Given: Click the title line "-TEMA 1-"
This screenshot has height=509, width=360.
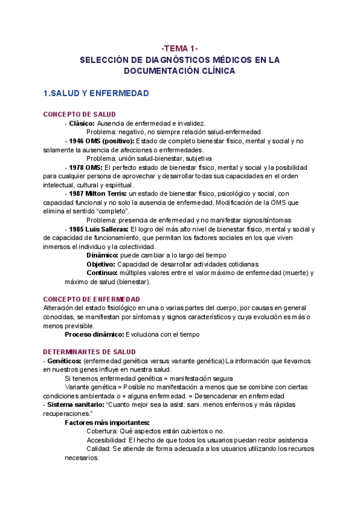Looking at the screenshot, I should (180, 48).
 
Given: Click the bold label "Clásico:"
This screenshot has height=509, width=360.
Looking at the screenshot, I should (82, 122).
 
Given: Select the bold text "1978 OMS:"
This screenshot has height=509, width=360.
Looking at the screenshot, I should (84, 167).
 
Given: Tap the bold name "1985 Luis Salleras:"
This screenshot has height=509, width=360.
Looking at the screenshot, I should (98, 229).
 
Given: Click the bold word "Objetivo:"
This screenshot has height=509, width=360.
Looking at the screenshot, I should (101, 264).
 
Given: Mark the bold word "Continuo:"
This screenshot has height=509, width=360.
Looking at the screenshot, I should (102, 273).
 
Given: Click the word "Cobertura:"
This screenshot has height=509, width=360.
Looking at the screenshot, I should (103, 431).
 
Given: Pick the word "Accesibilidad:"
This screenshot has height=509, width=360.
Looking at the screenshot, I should (106, 440).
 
